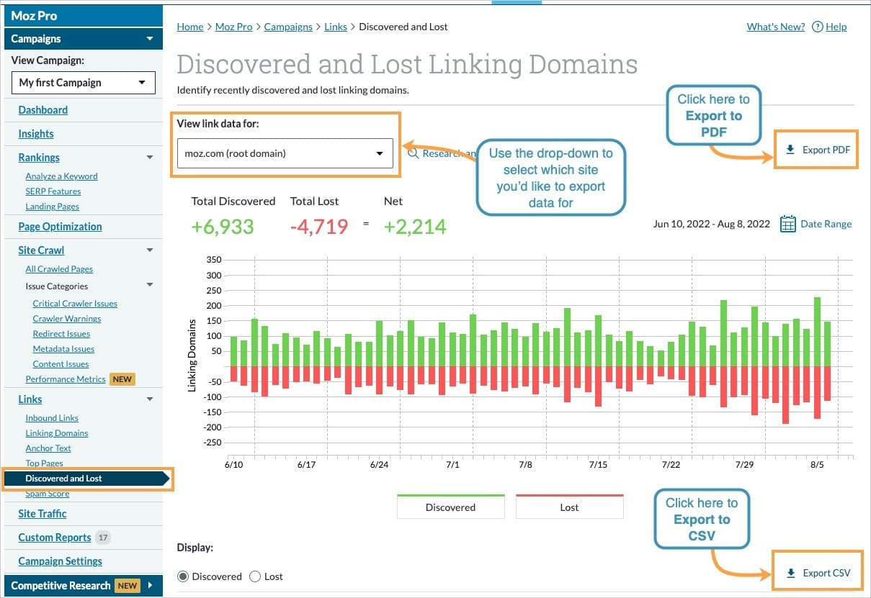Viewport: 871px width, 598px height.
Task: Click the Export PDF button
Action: (817, 150)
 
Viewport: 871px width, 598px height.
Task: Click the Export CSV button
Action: (818, 573)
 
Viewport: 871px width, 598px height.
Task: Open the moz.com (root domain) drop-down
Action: (285, 153)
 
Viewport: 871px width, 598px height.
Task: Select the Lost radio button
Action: (255, 576)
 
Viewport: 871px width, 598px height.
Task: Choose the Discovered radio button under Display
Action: (183, 576)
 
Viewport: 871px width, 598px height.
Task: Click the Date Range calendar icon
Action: (788, 224)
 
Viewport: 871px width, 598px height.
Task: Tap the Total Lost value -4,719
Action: (318, 227)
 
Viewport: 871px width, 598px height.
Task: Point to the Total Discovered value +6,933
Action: (223, 227)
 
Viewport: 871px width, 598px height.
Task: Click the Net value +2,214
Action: (414, 227)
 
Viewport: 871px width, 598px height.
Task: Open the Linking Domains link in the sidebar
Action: (57, 433)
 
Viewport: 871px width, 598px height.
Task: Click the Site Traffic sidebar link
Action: (43, 514)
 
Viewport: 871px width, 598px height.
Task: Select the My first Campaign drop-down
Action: (83, 83)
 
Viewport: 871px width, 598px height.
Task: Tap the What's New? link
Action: (775, 27)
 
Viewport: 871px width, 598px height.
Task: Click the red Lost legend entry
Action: (569, 507)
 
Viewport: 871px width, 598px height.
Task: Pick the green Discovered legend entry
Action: (450, 507)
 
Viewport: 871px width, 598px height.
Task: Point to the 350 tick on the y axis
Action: (213, 260)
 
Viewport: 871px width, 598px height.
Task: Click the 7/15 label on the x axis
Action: (598, 465)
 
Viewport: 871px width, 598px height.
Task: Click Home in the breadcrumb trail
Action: (190, 27)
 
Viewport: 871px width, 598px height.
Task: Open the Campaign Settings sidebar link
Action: (61, 561)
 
